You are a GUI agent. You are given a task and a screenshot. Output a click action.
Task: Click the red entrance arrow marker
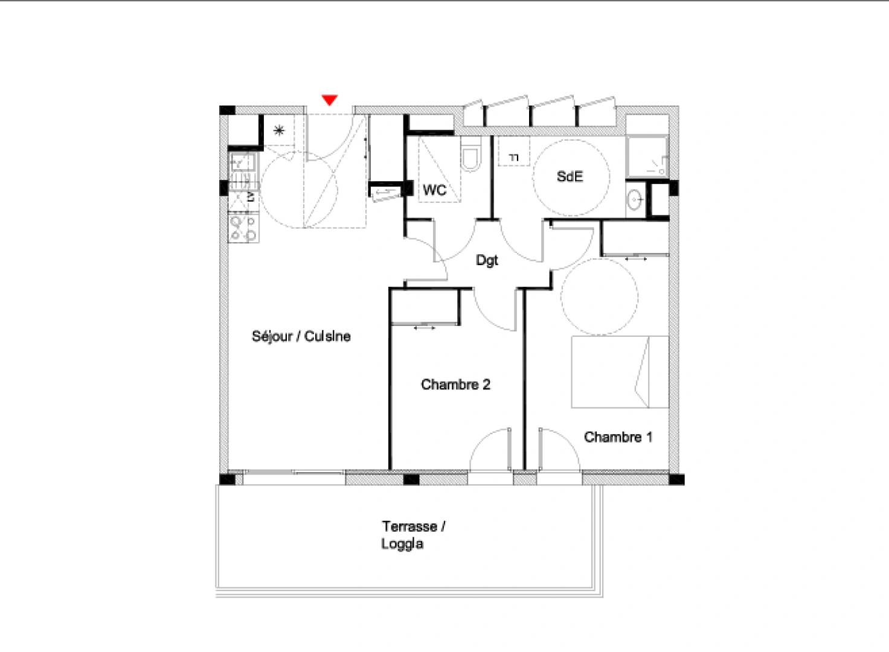329,100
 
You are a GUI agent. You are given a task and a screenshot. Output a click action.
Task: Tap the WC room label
434,190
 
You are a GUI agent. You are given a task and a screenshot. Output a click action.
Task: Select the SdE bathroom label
570,177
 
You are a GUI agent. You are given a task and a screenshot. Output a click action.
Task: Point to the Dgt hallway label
487,260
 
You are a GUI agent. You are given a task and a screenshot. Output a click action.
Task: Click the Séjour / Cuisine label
301,336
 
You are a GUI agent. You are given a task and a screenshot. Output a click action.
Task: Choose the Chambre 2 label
455,385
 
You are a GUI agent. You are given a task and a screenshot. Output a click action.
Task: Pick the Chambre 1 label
618,437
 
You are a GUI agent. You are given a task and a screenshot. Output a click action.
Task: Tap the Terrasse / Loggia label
412,535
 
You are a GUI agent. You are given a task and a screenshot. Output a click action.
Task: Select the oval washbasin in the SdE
634,199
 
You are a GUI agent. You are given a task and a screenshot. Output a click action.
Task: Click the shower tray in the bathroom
647,157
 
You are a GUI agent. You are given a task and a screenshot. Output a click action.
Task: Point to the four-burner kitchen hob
243,228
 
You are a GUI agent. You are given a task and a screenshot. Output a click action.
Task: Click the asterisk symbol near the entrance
279,130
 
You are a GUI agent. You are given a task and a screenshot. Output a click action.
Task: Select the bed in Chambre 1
620,372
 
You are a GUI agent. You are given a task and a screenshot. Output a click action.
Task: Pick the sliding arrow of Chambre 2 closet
425,328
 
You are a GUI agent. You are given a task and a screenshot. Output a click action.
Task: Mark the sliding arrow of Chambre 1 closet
635,258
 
